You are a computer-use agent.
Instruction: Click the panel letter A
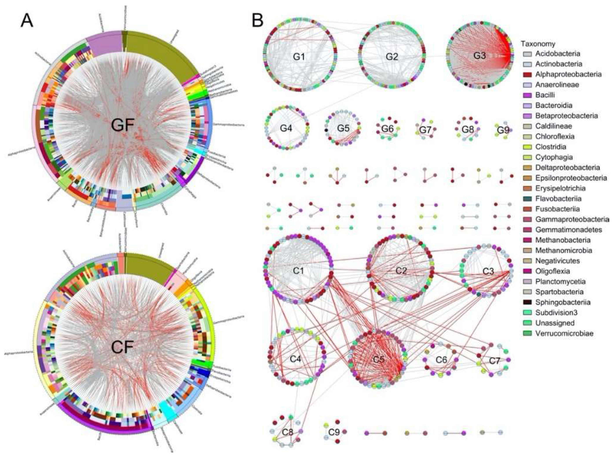27,21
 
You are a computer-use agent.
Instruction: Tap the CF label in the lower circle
122,346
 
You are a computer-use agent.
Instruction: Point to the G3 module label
479,55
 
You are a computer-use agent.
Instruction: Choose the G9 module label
503,130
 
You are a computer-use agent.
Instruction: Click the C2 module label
401,271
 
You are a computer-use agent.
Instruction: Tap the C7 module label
494,361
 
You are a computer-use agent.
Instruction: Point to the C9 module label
334,432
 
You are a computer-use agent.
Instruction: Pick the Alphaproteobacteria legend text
568,74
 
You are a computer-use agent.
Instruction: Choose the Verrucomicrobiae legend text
564,333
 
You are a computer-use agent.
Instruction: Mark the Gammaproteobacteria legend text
572,219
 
